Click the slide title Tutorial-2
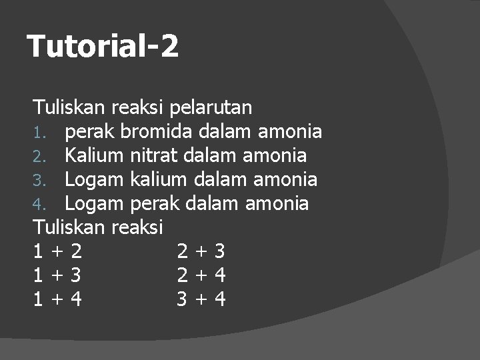(x=103, y=47)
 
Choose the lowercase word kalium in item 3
(x=159, y=179)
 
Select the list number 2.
(x=39, y=157)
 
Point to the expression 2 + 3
(x=201, y=251)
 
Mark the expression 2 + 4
(x=201, y=275)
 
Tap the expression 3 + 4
(x=201, y=299)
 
